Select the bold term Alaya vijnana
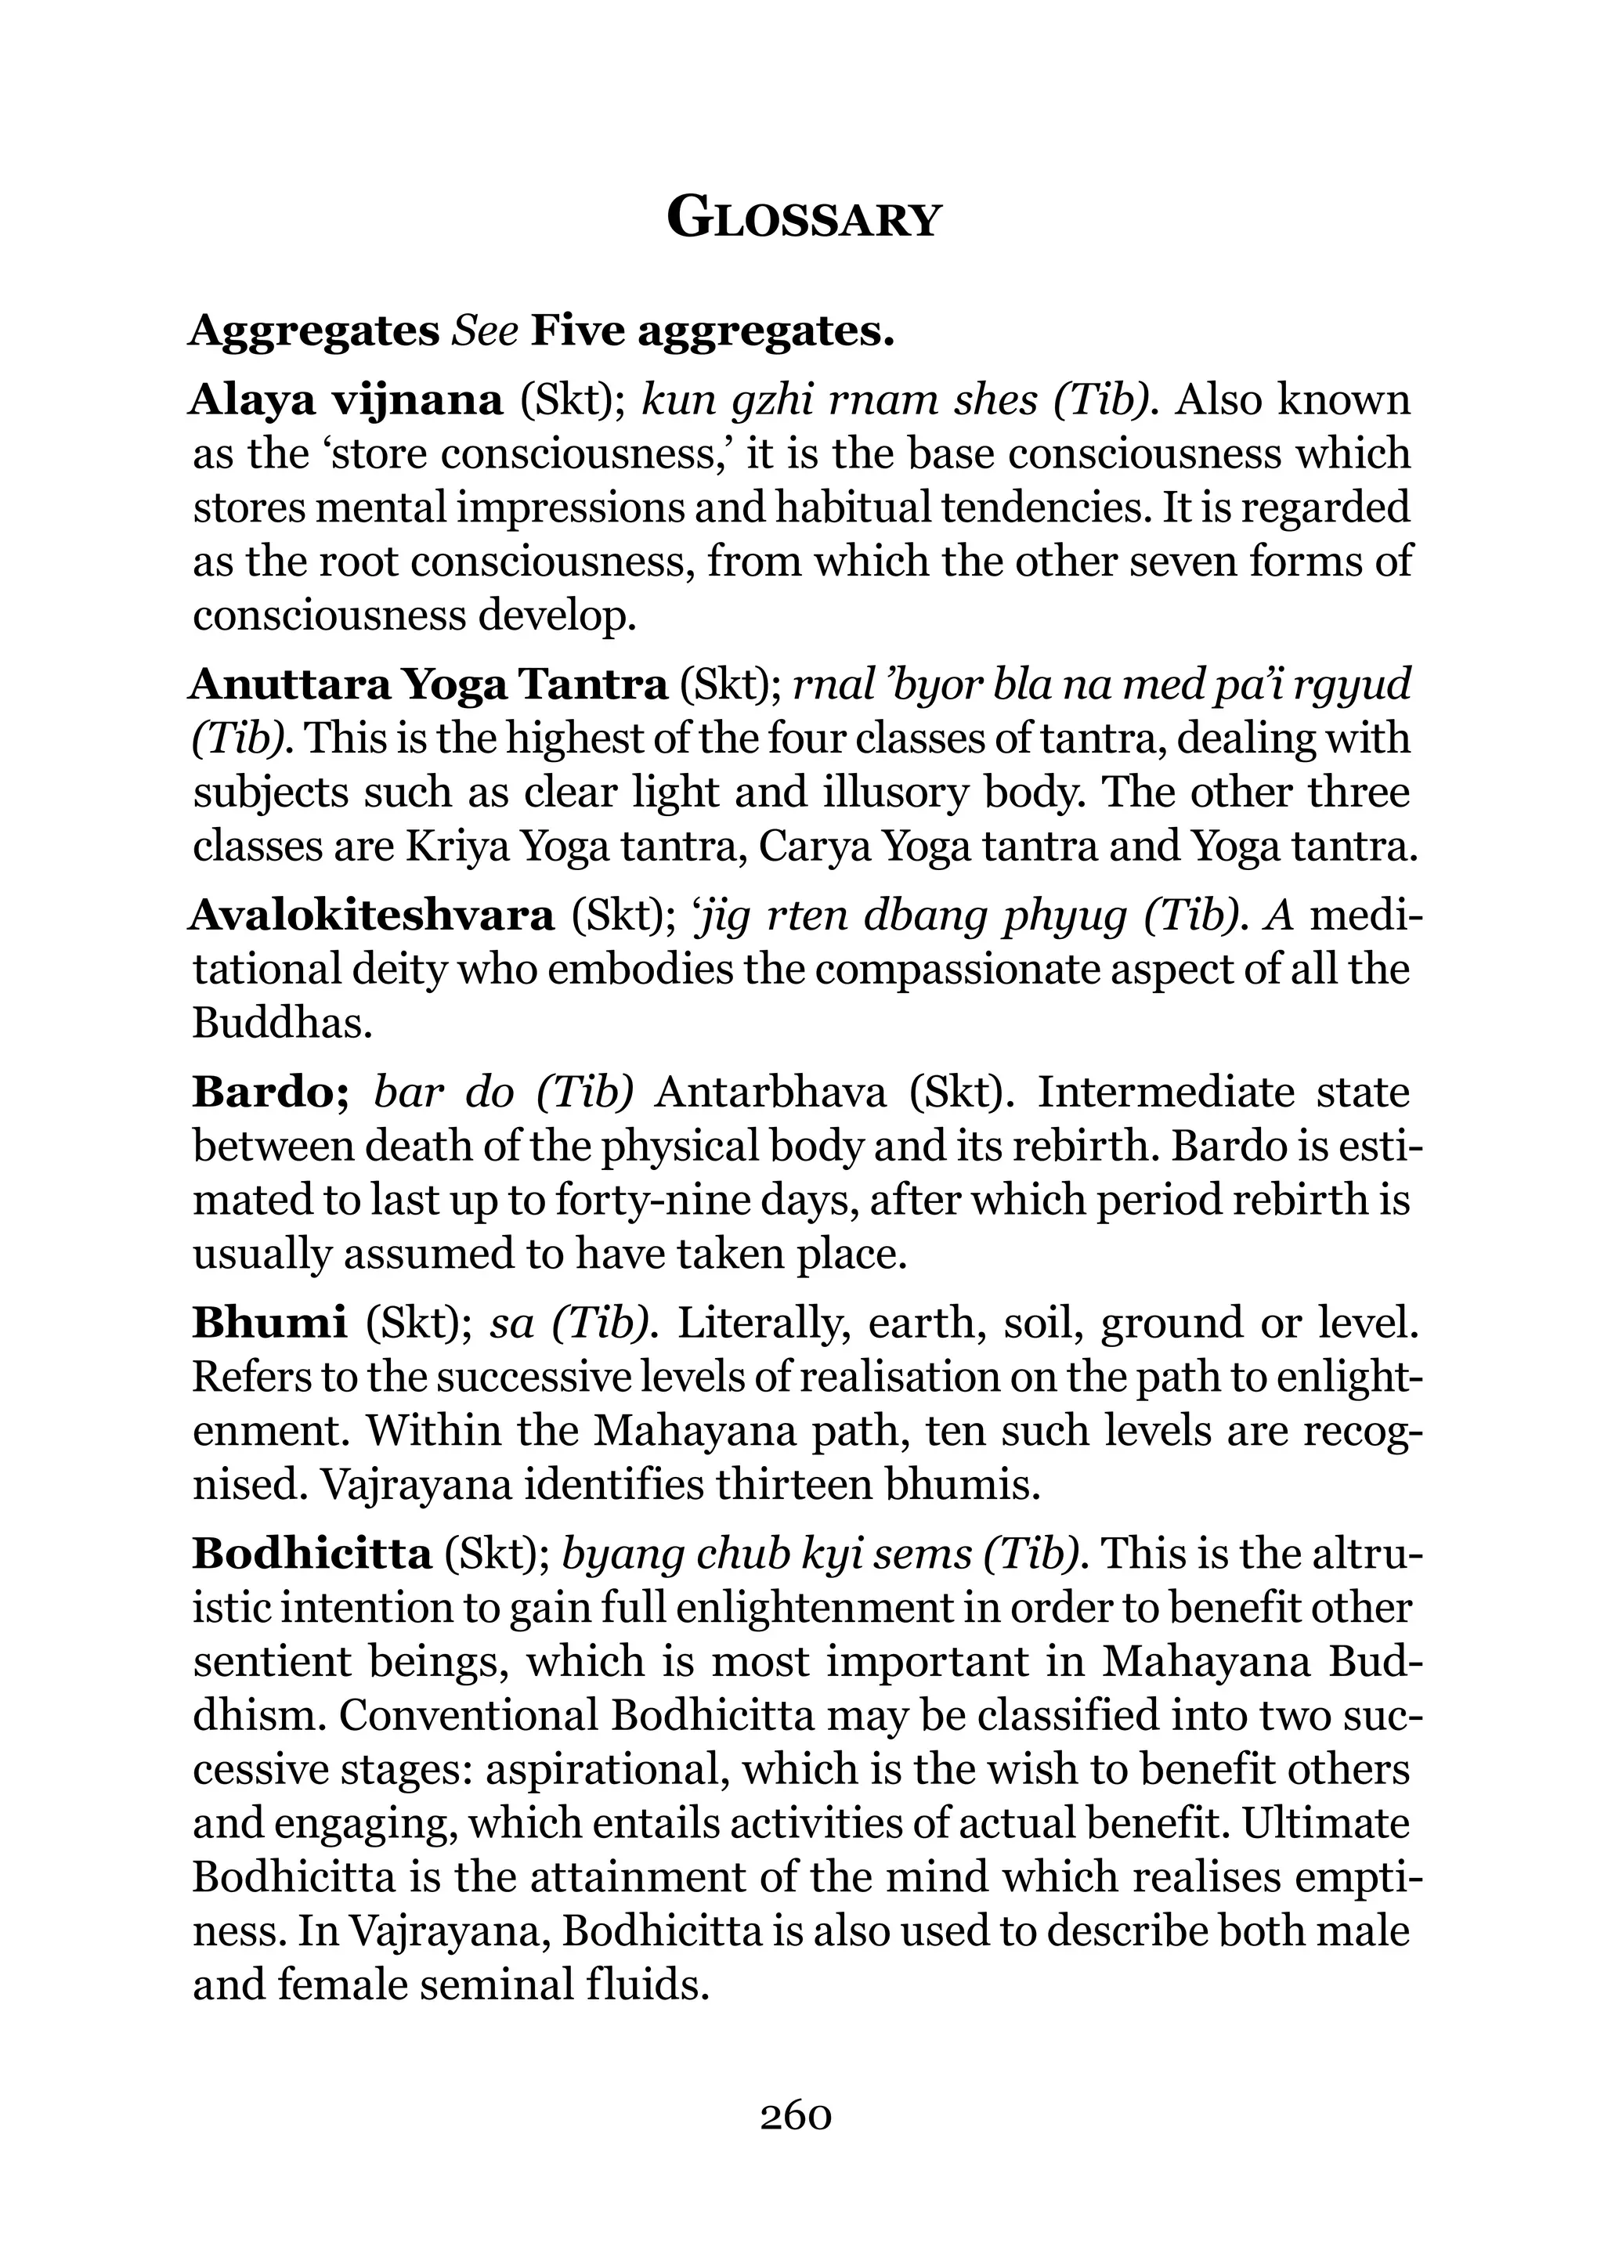pyautogui.click(x=345, y=400)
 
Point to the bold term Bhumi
pyautogui.click(x=269, y=1323)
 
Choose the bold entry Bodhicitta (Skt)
pyautogui.click(x=312, y=1554)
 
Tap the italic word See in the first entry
pyautogui.click(x=485, y=331)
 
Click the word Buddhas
pyautogui.click(x=281, y=1024)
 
